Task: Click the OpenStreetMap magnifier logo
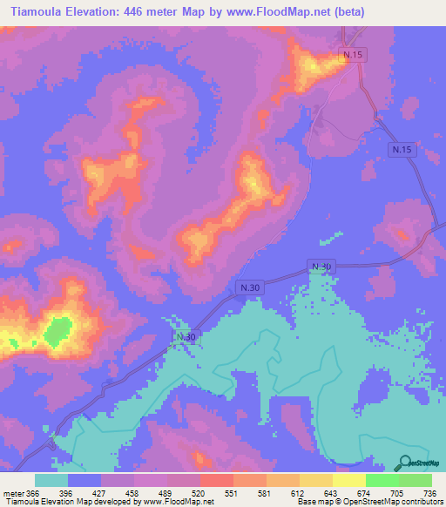tap(404, 463)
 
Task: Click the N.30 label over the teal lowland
tap(186, 337)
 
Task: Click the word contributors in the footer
tap(417, 501)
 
